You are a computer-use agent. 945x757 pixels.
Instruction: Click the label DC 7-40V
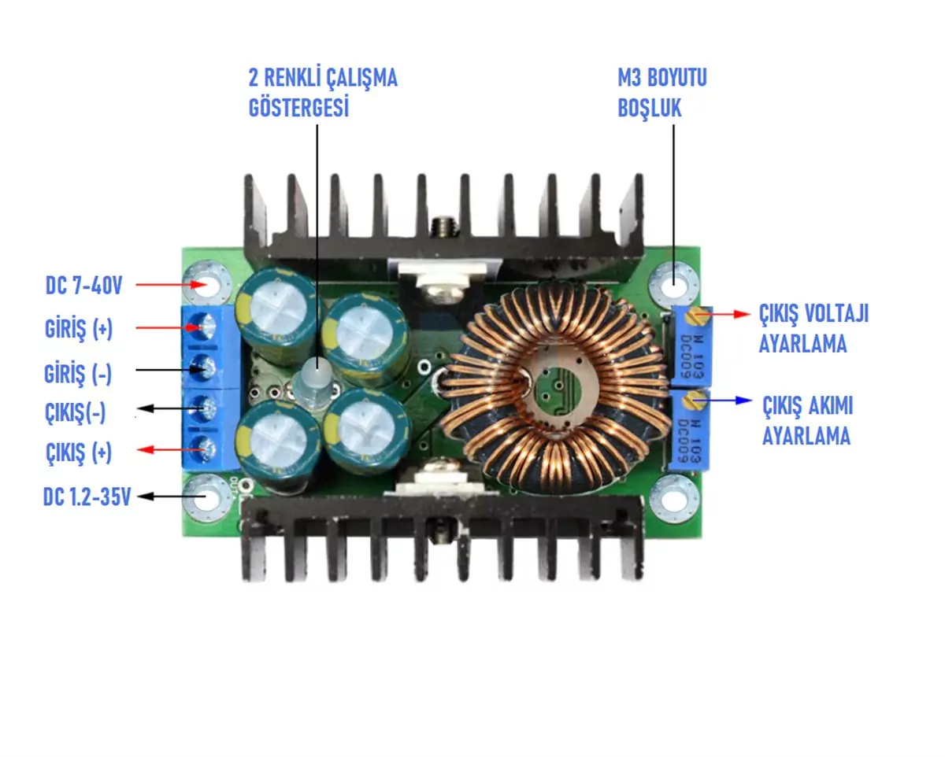(x=83, y=286)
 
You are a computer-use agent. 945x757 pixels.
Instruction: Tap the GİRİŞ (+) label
(x=79, y=330)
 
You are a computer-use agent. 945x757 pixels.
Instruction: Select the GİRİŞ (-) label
(x=78, y=374)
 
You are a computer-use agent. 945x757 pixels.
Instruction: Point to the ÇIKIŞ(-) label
(x=77, y=412)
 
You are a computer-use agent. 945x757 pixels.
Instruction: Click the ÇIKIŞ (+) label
(x=78, y=453)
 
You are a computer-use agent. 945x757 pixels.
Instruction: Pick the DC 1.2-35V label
(x=86, y=497)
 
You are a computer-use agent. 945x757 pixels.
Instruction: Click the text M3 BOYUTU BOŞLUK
(x=662, y=94)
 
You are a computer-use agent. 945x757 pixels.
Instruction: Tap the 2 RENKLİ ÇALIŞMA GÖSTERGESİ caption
(x=323, y=94)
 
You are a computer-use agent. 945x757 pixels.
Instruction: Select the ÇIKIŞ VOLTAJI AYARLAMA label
(x=813, y=329)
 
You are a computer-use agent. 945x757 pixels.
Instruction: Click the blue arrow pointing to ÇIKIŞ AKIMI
(x=724, y=400)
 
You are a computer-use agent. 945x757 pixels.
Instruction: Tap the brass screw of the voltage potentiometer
(x=692, y=317)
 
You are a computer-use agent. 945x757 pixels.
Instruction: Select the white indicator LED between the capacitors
(x=316, y=371)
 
